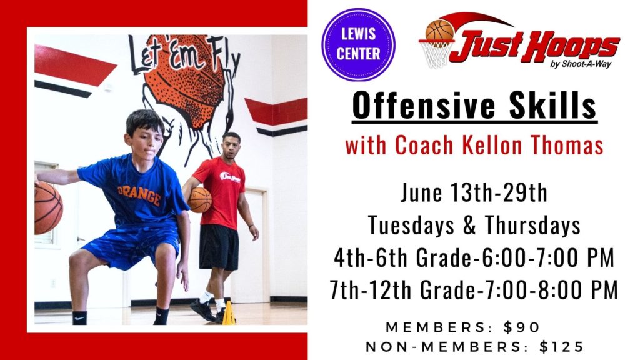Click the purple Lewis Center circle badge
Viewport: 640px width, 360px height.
click(358, 44)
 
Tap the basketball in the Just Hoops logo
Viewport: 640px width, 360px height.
click(439, 30)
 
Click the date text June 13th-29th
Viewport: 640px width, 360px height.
click(474, 192)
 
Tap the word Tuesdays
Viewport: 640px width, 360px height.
click(411, 224)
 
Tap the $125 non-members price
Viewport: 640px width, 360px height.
click(562, 347)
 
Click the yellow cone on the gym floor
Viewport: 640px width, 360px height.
click(229, 314)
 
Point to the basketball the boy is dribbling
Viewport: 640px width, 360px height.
click(48, 208)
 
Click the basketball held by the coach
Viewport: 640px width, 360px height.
click(199, 200)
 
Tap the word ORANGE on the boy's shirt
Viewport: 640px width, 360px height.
click(139, 194)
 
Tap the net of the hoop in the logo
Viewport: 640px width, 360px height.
click(437, 54)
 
